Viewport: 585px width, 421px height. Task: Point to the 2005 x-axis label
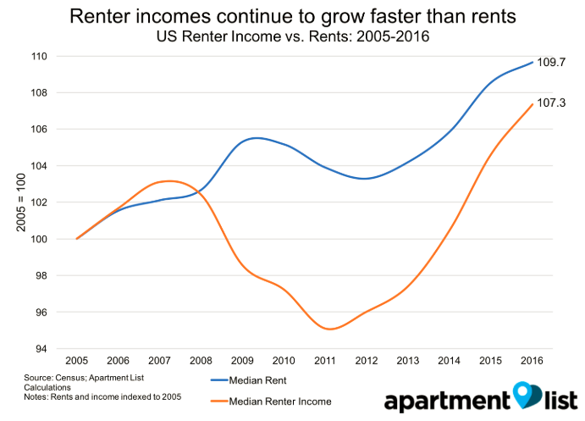(x=77, y=359)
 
